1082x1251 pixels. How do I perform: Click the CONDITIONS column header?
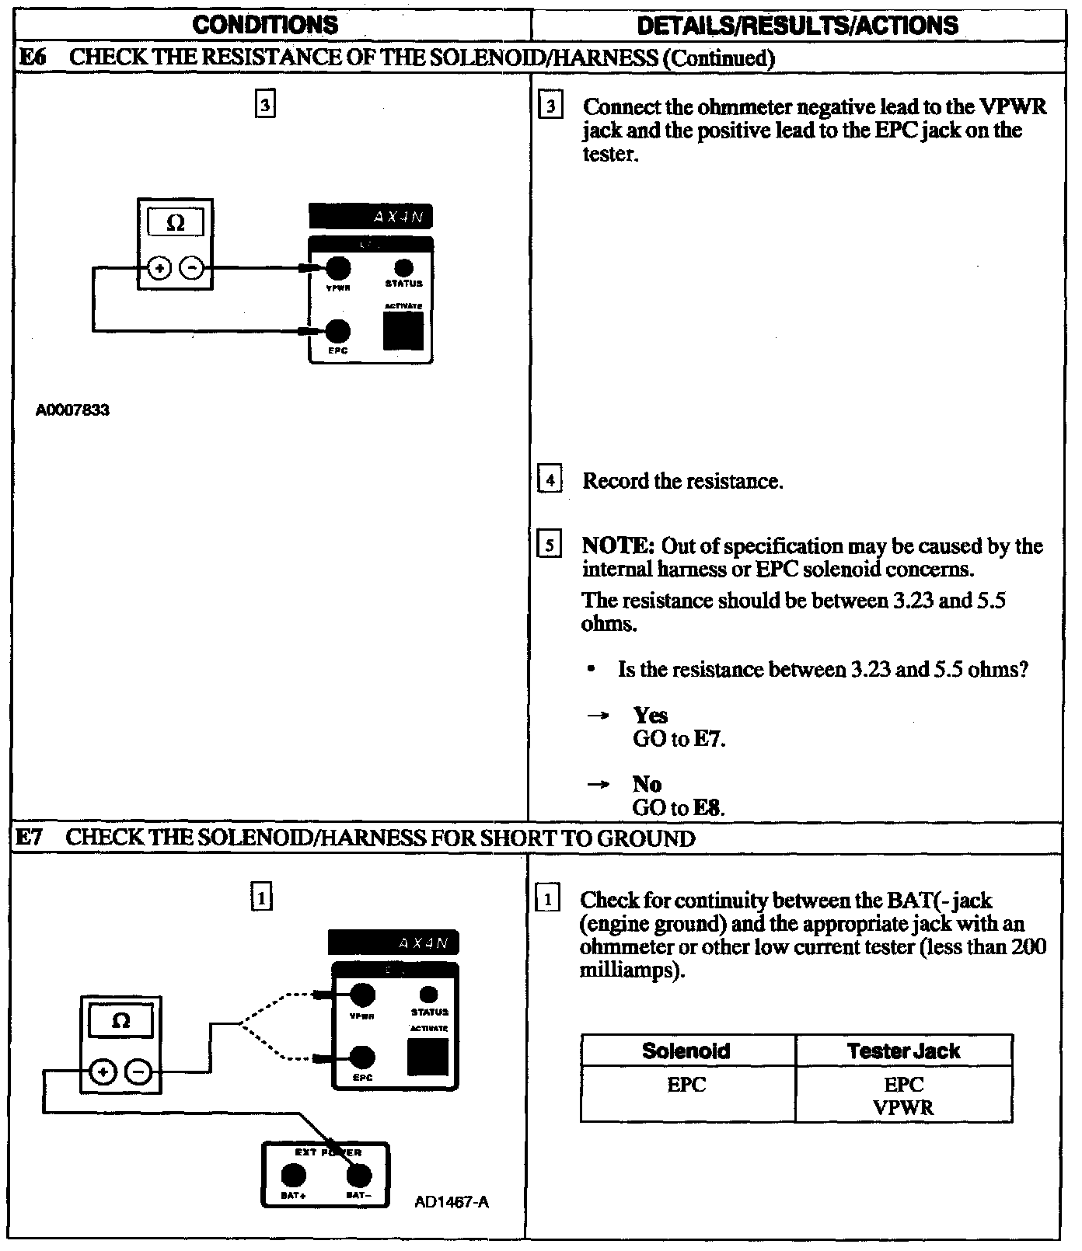[265, 25]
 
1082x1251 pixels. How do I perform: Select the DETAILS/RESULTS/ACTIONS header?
[798, 25]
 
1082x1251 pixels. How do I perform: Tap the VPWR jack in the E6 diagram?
[337, 270]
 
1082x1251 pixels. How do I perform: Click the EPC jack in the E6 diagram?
[337, 332]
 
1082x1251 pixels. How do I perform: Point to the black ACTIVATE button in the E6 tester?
[403, 332]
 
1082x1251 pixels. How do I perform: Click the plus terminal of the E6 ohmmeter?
[159, 270]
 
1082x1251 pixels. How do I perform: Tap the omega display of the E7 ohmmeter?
[120, 1021]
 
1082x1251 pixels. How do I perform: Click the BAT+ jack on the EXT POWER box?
[292, 1176]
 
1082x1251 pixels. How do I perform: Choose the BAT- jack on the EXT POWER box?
[358, 1176]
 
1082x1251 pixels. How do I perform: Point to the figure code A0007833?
[72, 410]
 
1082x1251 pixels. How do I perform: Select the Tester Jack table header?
[903, 1051]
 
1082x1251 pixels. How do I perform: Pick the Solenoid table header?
[686, 1051]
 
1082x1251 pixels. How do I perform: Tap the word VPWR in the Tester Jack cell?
[903, 1108]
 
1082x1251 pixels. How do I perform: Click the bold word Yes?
[650, 715]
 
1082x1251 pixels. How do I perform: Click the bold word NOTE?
[618, 546]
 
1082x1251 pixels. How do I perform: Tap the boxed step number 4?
[550, 480]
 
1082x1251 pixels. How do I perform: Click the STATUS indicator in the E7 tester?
[429, 995]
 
